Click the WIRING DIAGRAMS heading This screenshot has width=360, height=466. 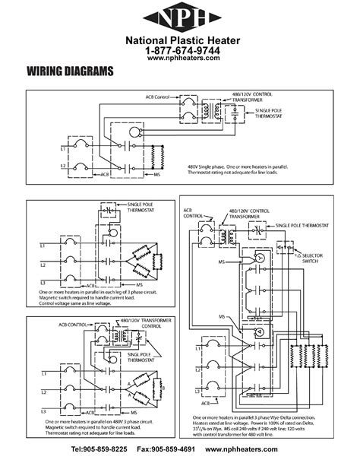click(70, 72)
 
